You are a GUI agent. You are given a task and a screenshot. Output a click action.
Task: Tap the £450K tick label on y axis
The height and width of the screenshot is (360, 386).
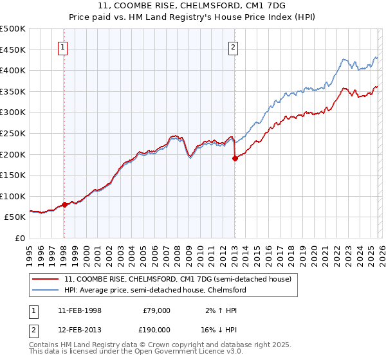[13, 50]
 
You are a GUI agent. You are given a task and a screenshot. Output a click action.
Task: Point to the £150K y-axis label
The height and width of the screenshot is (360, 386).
[13, 175]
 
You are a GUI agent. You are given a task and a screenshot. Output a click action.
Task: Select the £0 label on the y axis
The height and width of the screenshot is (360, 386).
[21, 238]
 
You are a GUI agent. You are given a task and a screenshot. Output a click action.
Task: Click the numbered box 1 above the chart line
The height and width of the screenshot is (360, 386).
[64, 47]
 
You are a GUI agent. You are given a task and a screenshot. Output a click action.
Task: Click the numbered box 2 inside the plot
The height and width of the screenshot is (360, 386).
[233, 47]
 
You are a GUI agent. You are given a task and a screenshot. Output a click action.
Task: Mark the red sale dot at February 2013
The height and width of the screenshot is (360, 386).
[235, 159]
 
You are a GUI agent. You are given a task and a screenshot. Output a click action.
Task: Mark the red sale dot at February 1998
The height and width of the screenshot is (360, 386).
[64, 205]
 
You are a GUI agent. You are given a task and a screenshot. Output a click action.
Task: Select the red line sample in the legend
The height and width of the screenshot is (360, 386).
[46, 279]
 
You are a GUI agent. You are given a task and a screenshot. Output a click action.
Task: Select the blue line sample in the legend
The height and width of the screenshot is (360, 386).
[46, 290]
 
